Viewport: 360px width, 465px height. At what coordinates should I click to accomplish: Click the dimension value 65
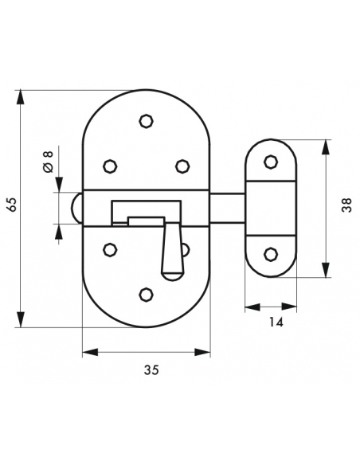(12, 204)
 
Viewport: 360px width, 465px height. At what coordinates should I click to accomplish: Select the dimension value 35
(151, 370)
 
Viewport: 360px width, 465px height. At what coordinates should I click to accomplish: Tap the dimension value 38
(346, 205)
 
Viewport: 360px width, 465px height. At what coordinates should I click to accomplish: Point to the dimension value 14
(276, 322)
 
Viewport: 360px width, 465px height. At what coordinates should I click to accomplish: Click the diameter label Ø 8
(48, 162)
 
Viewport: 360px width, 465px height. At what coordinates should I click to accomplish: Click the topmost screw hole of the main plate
(146, 121)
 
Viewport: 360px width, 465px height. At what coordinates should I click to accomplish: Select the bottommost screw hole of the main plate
(146, 295)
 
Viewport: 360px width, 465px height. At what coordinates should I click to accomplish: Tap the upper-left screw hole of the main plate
(110, 166)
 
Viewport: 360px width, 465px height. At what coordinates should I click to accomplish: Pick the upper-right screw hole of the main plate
(182, 166)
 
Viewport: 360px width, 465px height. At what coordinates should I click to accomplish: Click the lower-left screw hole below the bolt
(110, 250)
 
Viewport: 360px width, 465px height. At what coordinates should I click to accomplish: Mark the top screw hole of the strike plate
(271, 162)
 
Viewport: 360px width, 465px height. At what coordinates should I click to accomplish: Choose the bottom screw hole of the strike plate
(271, 255)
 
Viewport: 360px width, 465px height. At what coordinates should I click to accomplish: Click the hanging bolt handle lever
(173, 252)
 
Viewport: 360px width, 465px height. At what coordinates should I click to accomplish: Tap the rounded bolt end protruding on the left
(76, 208)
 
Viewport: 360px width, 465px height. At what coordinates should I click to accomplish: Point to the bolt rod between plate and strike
(227, 208)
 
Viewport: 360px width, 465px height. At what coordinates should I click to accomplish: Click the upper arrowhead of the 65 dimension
(20, 96)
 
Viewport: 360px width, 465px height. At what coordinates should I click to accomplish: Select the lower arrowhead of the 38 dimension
(326, 270)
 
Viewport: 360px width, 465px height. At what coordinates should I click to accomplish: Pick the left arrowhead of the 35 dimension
(90, 352)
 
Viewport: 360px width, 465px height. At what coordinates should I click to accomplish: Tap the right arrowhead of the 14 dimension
(289, 307)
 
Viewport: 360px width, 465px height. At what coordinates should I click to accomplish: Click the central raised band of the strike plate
(271, 208)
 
